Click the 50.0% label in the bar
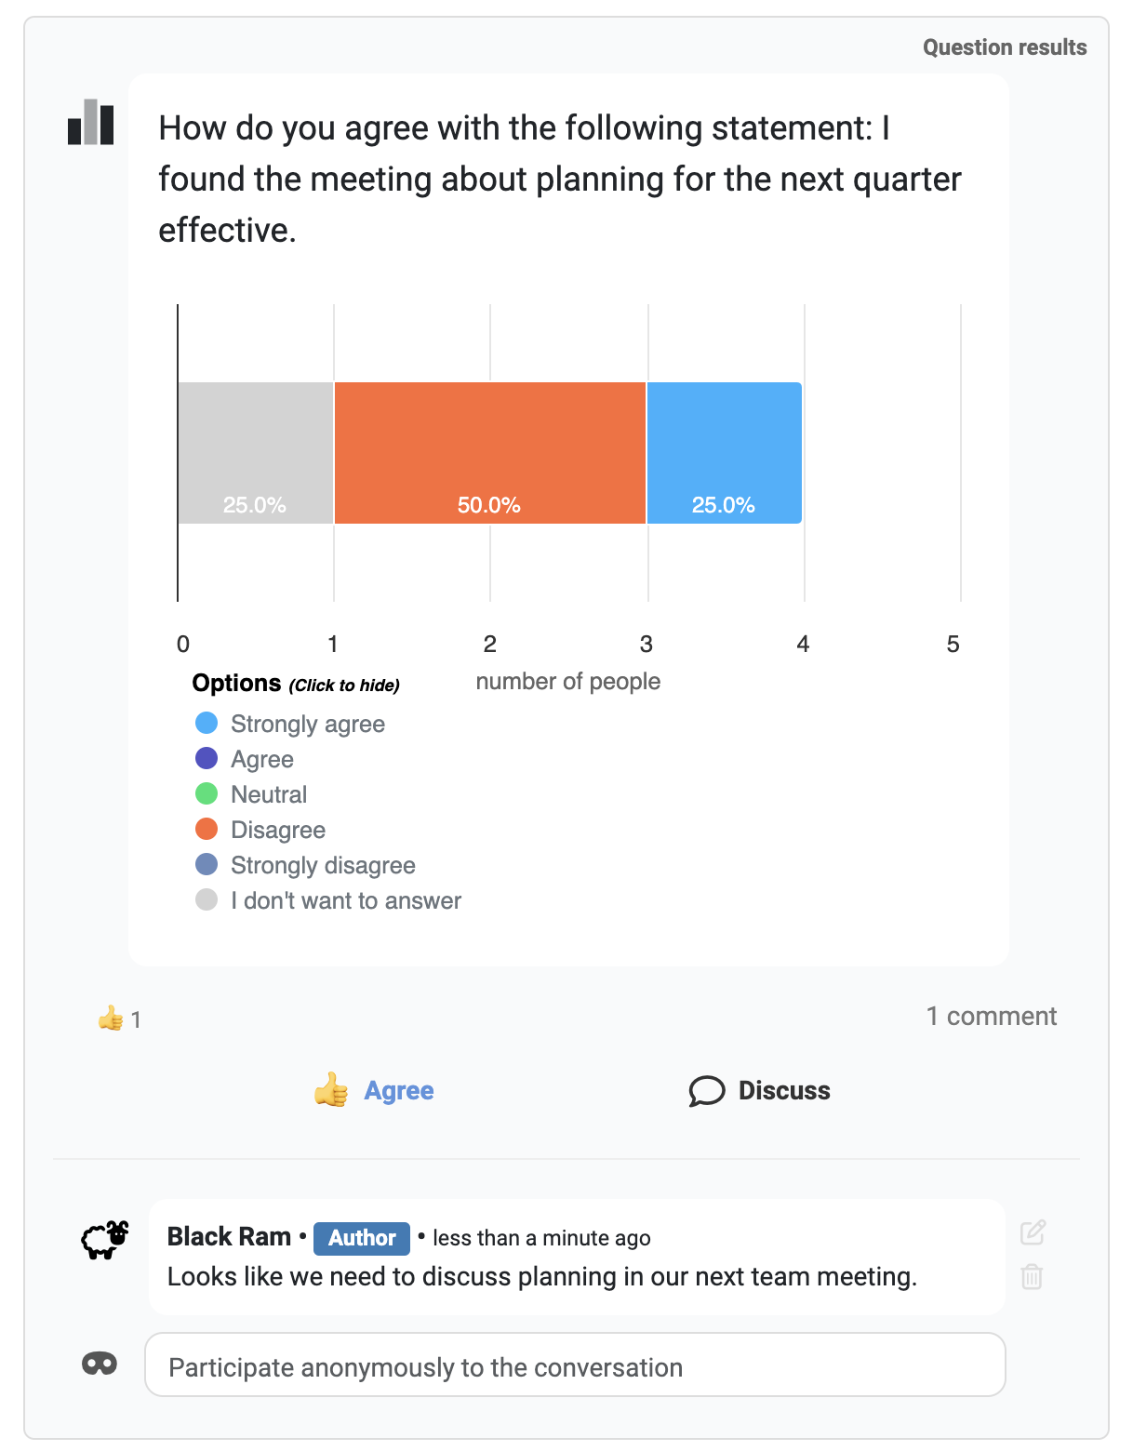pos(489,505)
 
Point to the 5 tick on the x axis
pos(953,644)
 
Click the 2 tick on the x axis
pos(490,644)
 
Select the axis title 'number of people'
pos(567,682)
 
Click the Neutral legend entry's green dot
pos(207,794)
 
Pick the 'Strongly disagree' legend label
pos(323,865)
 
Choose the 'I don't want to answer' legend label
pos(346,900)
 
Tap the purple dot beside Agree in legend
pos(207,759)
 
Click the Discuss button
pos(760,1090)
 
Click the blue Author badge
pos(362,1238)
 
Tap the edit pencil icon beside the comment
pos(1033,1232)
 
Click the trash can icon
pos(1032,1276)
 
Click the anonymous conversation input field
pos(575,1365)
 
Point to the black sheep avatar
pos(104,1239)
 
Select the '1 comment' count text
pos(991,1016)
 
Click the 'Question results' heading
pos(1005,47)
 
